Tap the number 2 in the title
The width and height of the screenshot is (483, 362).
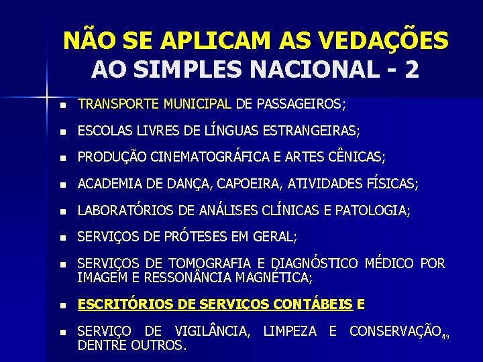[x=411, y=69]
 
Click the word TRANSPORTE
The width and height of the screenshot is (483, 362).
[x=116, y=105]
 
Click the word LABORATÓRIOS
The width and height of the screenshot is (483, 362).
[x=126, y=210]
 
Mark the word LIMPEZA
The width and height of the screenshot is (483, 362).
[x=290, y=331]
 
